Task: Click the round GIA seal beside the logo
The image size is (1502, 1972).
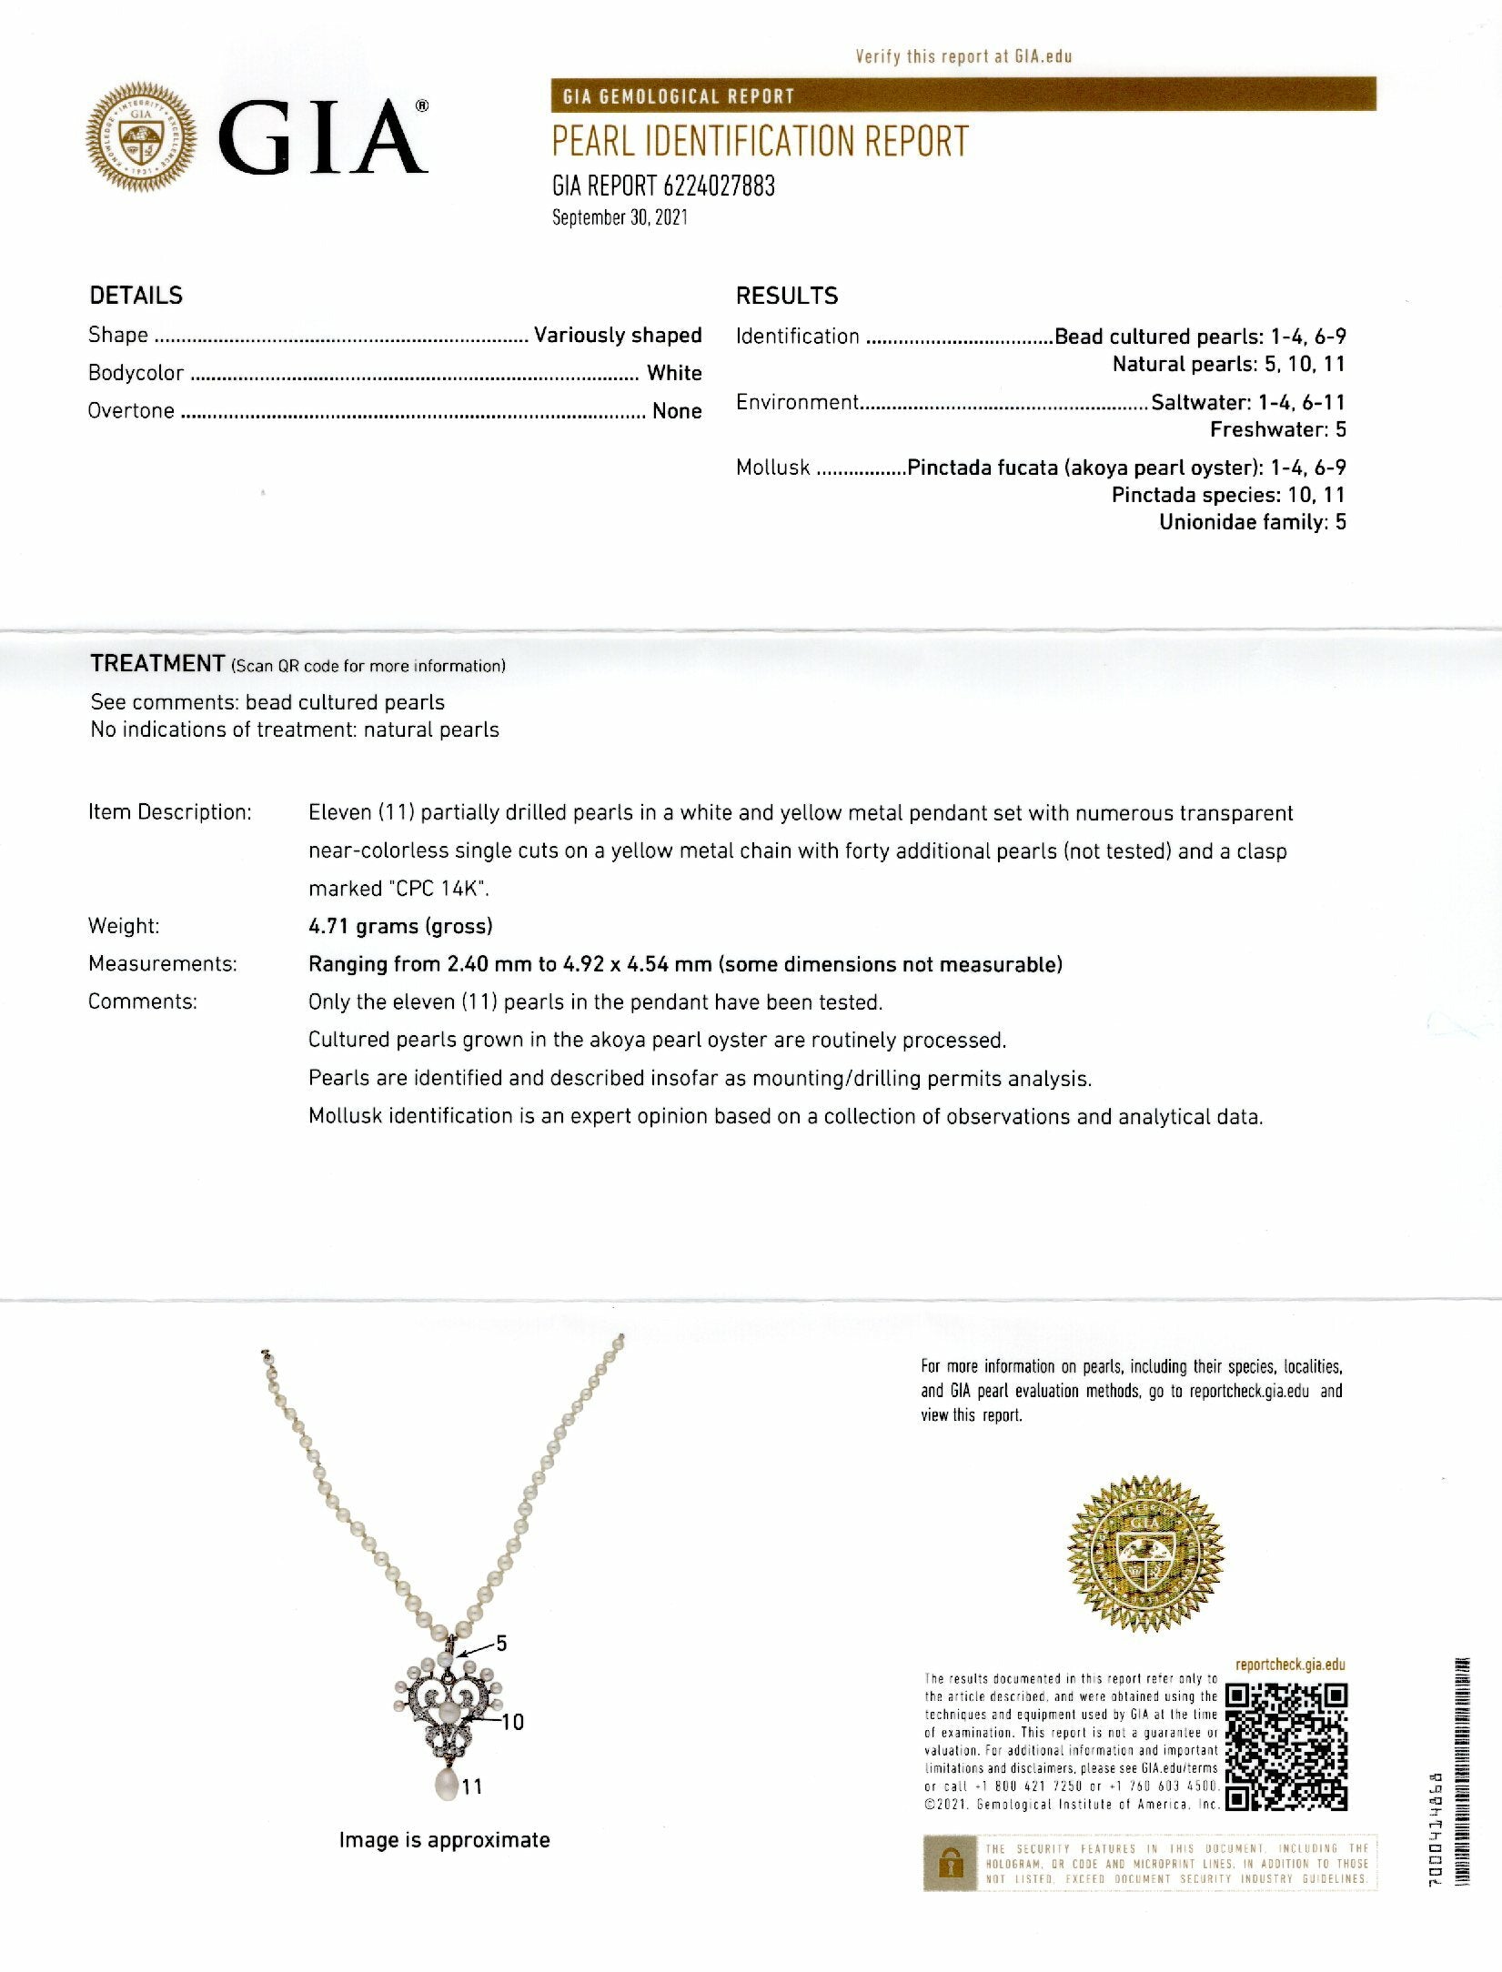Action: (140, 136)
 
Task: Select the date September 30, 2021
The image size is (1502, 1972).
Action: (620, 218)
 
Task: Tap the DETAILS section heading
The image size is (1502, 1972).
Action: (136, 296)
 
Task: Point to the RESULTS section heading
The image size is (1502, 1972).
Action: (786, 296)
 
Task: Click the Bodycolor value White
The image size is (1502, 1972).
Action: (673, 373)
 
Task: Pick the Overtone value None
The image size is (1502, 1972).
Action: (676, 411)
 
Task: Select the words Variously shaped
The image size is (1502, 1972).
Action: (617, 335)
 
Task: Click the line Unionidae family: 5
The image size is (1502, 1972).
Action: (1252, 522)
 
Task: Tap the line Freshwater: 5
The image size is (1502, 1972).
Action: (1277, 429)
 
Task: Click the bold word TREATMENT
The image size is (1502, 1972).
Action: (157, 663)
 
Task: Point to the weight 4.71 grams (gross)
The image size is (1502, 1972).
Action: (400, 926)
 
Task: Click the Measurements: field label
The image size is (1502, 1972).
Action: (162, 964)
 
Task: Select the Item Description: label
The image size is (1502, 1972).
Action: (169, 812)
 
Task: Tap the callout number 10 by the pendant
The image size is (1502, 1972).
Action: (512, 1722)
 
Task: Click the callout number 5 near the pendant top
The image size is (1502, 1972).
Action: (501, 1643)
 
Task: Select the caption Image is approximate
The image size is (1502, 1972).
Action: (444, 1840)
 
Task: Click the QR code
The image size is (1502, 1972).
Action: (1286, 1747)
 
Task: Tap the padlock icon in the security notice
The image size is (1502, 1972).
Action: (951, 1865)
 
